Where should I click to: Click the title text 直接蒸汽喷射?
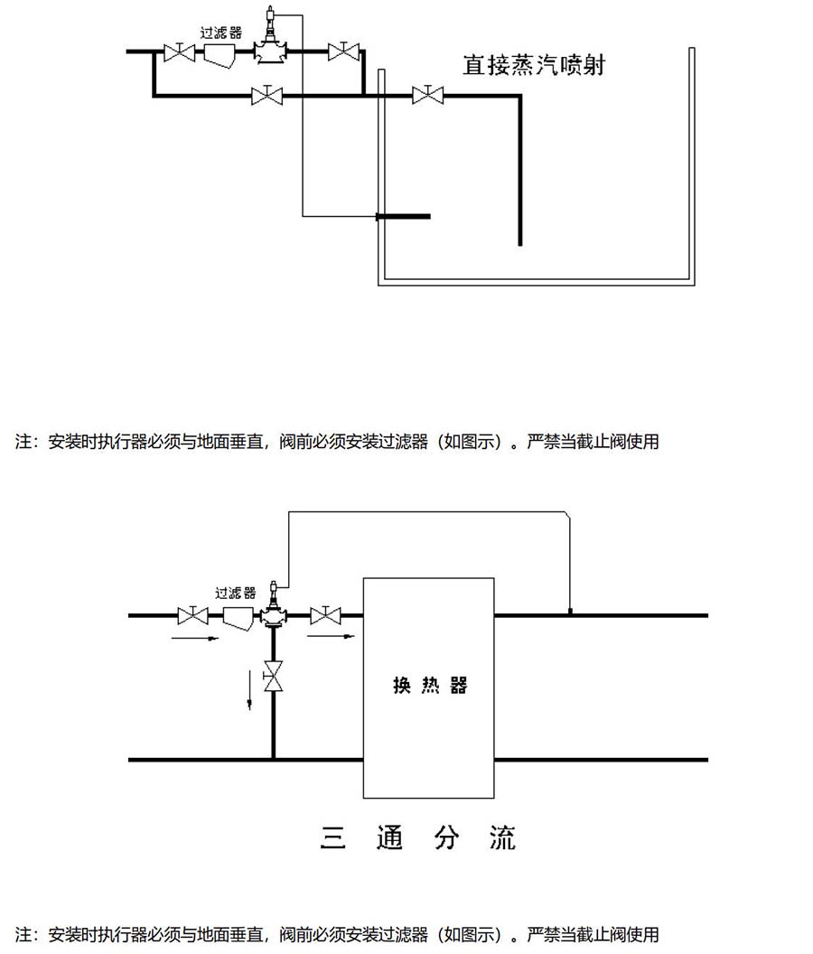coord(534,65)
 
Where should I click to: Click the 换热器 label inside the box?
coord(430,685)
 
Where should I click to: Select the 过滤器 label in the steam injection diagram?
coord(220,32)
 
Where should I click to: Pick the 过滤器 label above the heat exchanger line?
coord(232,594)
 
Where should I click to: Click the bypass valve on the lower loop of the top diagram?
coord(266,94)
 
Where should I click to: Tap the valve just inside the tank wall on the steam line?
coord(427,94)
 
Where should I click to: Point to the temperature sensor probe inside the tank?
coord(403,216)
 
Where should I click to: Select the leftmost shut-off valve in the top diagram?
coord(180,52)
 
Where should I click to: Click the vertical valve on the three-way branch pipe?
coord(273,676)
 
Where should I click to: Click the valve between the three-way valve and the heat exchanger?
coord(324,615)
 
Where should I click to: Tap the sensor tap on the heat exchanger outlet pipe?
coord(570,611)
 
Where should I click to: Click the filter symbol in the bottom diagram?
coord(236,616)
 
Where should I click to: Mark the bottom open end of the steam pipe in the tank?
coord(519,242)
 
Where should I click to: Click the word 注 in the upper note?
coord(23,443)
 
